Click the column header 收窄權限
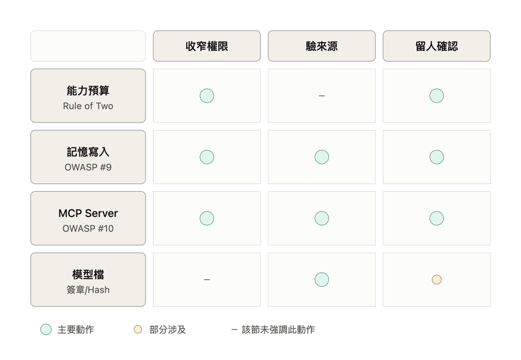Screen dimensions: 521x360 tap(207, 46)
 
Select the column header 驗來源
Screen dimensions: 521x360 tap(322, 46)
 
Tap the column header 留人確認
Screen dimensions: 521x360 tap(437, 46)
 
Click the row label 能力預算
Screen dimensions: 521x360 tap(88, 91)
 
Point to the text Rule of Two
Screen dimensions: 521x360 tap(88, 106)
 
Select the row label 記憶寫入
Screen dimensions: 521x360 tap(88, 152)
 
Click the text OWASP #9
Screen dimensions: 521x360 tap(88, 167)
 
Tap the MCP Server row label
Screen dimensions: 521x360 tap(88, 213)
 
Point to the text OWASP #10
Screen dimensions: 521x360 tap(88, 228)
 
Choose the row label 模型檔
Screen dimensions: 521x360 tap(88, 274)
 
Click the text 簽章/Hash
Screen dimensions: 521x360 tap(88, 290)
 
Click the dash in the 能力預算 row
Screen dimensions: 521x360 tap(322, 96)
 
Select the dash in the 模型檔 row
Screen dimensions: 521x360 tap(207, 280)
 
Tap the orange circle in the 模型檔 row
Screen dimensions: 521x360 tap(437, 280)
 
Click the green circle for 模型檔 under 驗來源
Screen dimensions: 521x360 tap(322, 280)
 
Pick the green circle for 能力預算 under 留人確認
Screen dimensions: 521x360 tap(437, 96)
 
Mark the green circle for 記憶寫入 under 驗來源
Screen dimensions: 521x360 tap(322, 157)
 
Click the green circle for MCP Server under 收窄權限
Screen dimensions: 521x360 tap(207, 218)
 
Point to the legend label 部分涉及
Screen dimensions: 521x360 tap(167, 329)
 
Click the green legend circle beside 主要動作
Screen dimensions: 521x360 tap(46, 329)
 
